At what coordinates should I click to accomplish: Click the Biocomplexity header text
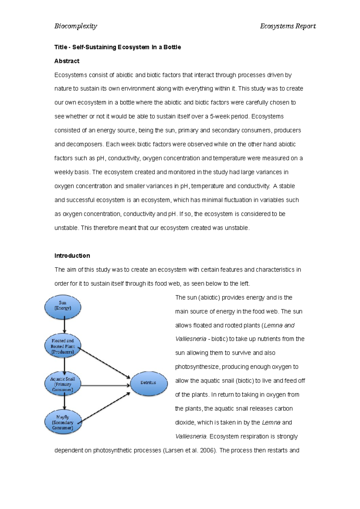point(76,26)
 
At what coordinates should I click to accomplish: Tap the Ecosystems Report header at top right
point(288,26)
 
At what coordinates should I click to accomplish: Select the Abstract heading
point(67,61)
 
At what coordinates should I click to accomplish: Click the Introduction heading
point(72,256)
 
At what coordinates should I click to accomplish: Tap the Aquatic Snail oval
point(63,384)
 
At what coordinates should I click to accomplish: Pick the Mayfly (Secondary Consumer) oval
point(63,422)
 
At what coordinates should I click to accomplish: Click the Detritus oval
point(148,383)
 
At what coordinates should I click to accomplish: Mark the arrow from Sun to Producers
point(64,326)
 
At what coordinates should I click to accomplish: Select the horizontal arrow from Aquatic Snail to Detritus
point(105,385)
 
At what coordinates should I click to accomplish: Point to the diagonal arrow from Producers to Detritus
point(105,363)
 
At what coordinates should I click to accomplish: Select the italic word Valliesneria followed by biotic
point(190,339)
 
